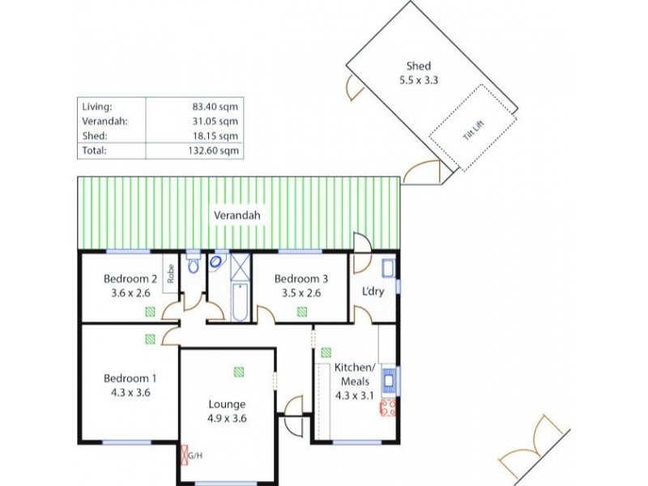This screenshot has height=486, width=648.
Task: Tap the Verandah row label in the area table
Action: pyautogui.click(x=105, y=121)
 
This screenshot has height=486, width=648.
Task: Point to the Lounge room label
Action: pyautogui.click(x=227, y=404)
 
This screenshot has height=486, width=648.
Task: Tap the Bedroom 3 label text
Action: pyautogui.click(x=301, y=279)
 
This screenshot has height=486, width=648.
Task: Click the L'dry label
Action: pyautogui.click(x=373, y=292)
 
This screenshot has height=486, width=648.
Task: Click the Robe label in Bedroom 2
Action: pyautogui.click(x=171, y=274)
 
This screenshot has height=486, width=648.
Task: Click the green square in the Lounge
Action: pyautogui.click(x=239, y=372)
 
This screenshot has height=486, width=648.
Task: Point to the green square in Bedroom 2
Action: pyautogui.click(x=149, y=311)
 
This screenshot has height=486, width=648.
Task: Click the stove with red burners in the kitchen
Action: pyautogui.click(x=386, y=407)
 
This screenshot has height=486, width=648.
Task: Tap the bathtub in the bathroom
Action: pyautogui.click(x=239, y=302)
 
